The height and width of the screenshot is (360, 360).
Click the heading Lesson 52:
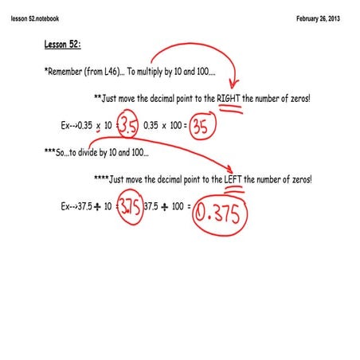click(64, 45)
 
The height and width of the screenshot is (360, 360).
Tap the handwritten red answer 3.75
click(130, 207)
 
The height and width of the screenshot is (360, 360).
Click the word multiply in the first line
click(158, 72)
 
